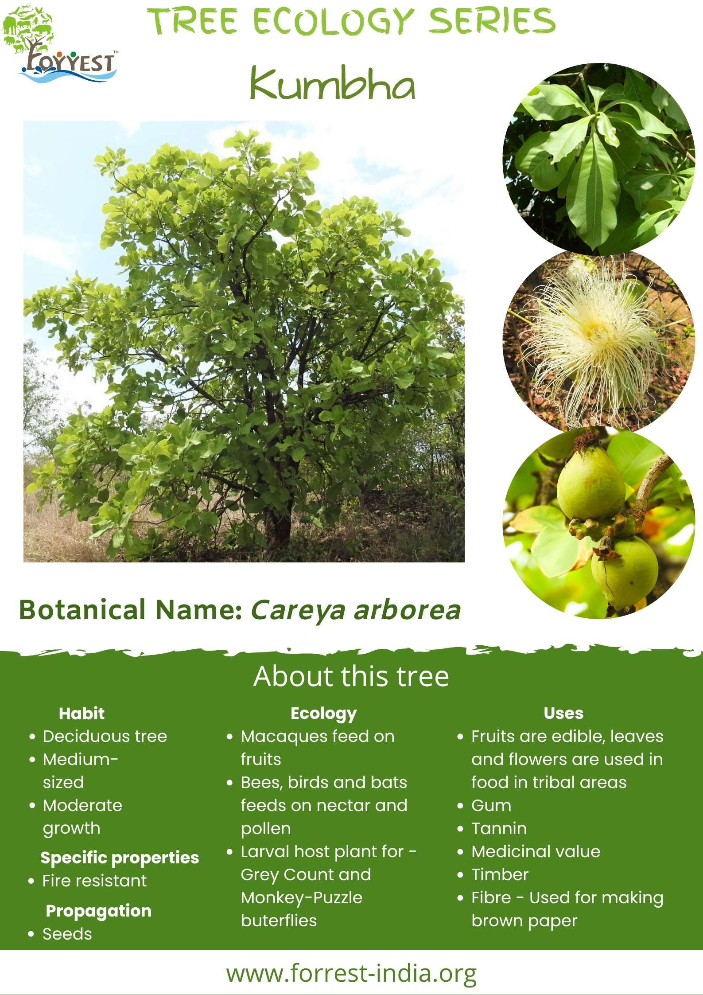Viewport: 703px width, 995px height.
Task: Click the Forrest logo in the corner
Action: (x=60, y=43)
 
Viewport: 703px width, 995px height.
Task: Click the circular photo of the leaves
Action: (x=598, y=159)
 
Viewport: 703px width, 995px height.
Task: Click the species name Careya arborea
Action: (x=356, y=610)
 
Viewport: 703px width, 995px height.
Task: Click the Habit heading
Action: (x=82, y=714)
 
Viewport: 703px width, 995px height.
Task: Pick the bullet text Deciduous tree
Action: (x=105, y=737)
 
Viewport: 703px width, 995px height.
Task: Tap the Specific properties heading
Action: (x=120, y=858)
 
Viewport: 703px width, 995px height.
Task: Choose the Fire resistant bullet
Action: (x=94, y=881)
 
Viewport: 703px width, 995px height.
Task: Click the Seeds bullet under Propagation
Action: (x=67, y=934)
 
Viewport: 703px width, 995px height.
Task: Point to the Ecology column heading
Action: (x=323, y=714)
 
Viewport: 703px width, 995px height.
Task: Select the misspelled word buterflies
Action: (x=279, y=921)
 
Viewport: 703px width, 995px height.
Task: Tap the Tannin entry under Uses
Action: (x=499, y=828)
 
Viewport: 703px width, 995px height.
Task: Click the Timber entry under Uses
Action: (x=500, y=874)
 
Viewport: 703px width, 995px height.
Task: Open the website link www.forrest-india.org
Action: (x=351, y=974)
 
